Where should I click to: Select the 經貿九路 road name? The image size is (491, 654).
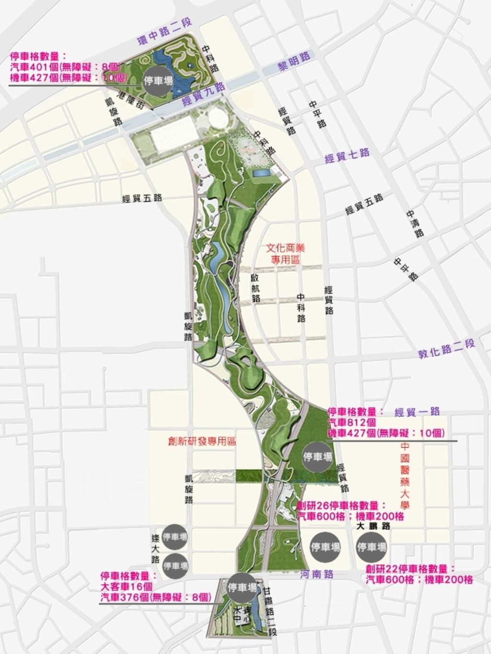(x=204, y=94)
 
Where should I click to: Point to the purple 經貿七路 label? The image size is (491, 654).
(x=347, y=155)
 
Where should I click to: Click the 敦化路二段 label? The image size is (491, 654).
(x=446, y=348)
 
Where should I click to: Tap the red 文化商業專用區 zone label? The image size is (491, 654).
(x=285, y=254)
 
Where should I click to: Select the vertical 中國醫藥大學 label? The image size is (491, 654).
(x=405, y=476)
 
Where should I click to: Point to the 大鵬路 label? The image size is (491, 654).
(x=374, y=526)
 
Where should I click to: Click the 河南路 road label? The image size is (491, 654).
(x=316, y=574)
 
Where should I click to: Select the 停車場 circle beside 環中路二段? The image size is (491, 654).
(x=158, y=80)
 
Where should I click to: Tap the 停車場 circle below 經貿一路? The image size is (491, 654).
(x=317, y=457)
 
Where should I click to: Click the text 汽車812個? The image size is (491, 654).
(x=351, y=423)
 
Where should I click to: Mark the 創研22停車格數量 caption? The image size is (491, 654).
(x=409, y=569)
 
